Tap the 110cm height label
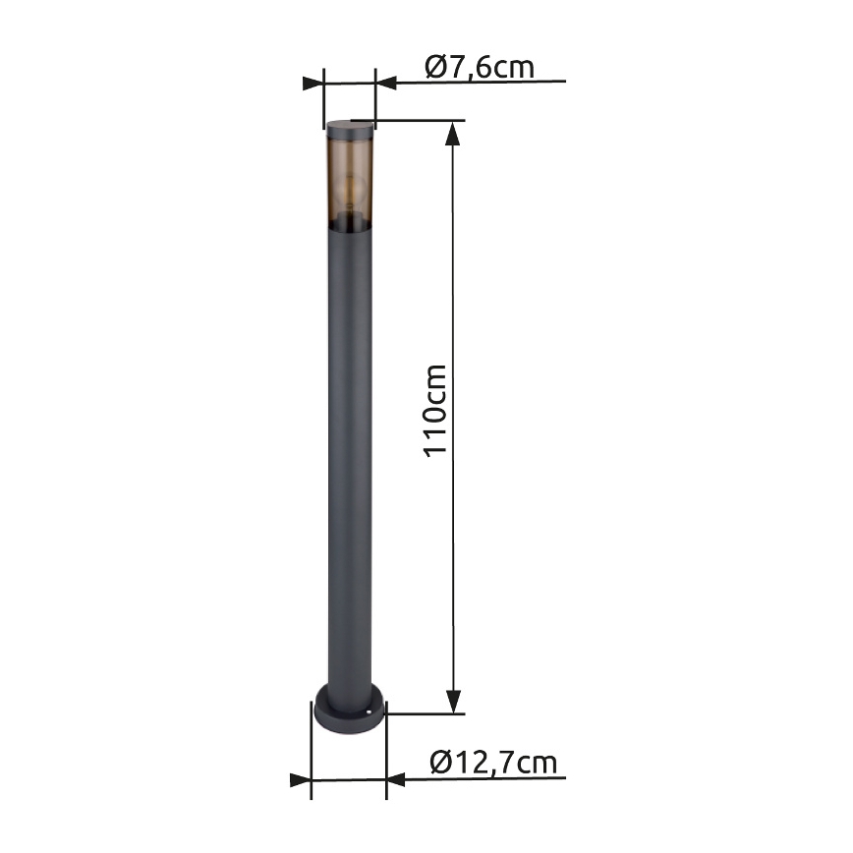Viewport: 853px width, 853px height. coord(435,411)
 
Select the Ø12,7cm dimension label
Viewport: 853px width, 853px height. coord(493,762)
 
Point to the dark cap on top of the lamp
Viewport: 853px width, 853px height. coord(349,127)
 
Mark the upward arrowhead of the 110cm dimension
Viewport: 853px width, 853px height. coord(453,133)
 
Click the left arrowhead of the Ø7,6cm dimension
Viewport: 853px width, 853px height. coord(313,82)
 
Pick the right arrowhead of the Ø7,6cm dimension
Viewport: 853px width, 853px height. coord(386,82)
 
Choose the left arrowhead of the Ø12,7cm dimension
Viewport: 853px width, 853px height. coord(300,779)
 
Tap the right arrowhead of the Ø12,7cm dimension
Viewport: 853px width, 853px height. coord(395,779)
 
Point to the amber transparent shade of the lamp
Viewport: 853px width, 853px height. coord(349,177)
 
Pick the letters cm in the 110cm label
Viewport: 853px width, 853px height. coord(435,384)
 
